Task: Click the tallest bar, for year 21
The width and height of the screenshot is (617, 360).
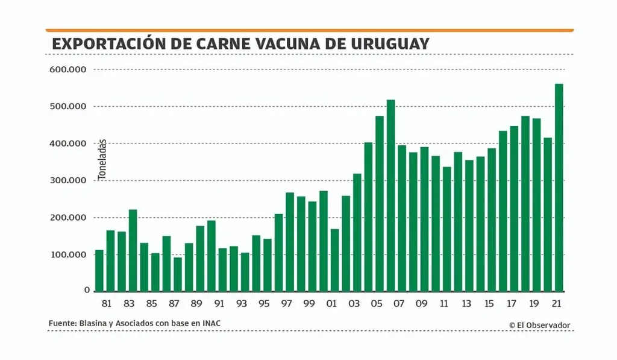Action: tap(559, 187)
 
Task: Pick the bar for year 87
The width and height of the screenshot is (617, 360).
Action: tap(178, 274)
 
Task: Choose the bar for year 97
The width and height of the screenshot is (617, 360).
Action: tap(290, 241)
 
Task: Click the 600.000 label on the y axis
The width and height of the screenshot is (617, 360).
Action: tap(69, 70)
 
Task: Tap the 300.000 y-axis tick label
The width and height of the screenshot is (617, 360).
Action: tap(69, 180)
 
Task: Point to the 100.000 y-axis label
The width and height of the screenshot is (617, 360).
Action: tap(69, 254)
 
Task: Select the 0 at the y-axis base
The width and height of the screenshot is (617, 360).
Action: tap(87, 290)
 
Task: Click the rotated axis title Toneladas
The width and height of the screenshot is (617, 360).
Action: tap(102, 159)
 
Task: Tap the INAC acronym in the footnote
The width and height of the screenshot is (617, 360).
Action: tap(210, 324)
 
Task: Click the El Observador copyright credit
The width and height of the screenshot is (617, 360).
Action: tap(539, 325)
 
